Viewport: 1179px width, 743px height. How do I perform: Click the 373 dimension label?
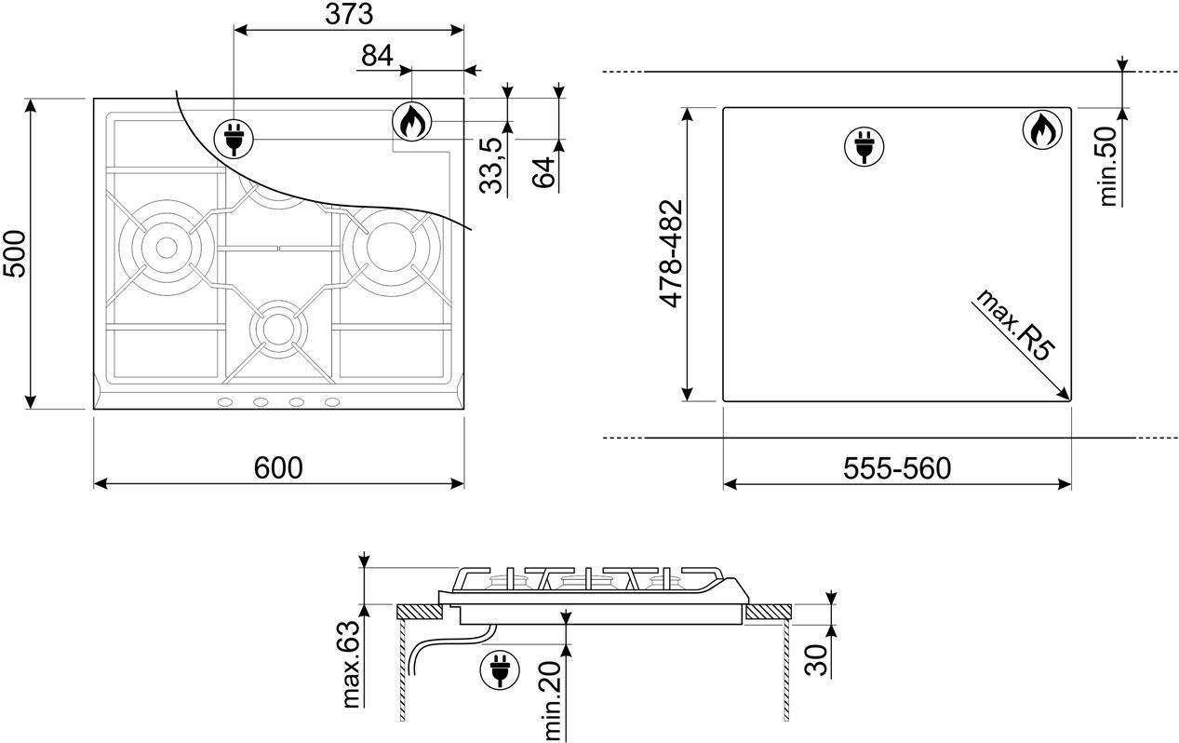[349, 14]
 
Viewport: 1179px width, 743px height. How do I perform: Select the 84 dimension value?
[377, 56]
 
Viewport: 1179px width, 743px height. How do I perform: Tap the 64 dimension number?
[543, 172]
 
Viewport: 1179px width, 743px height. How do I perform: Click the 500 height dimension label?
[14, 254]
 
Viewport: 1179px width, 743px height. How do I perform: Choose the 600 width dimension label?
[278, 467]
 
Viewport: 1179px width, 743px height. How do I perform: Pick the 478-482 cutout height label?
[671, 254]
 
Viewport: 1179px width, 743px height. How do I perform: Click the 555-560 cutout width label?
[897, 468]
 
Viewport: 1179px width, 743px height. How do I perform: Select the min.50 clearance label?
[1108, 167]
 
